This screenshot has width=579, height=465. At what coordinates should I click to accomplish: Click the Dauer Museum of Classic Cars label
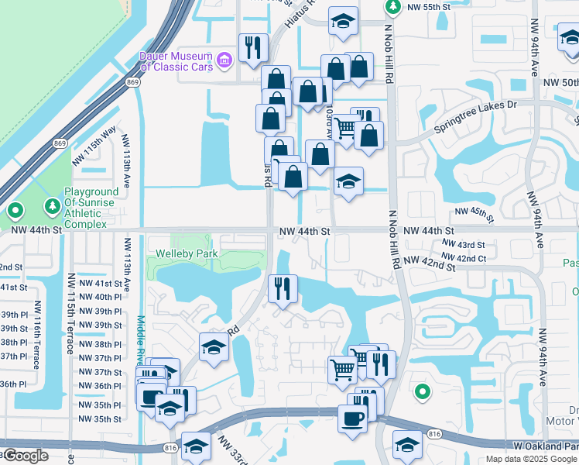(175, 62)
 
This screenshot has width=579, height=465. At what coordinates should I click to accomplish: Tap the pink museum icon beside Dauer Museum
(224, 58)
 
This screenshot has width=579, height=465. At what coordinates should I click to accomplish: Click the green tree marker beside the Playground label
(52, 206)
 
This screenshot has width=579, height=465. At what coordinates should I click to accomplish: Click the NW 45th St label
(474, 212)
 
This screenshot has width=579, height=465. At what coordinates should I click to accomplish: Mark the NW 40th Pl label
(108, 297)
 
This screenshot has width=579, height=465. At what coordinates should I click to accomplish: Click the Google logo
(26, 456)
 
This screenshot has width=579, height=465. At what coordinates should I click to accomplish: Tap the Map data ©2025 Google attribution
(530, 459)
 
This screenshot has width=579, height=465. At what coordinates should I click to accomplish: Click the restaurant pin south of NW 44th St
(283, 288)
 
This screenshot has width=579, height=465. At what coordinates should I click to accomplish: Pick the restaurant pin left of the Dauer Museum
(253, 49)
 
